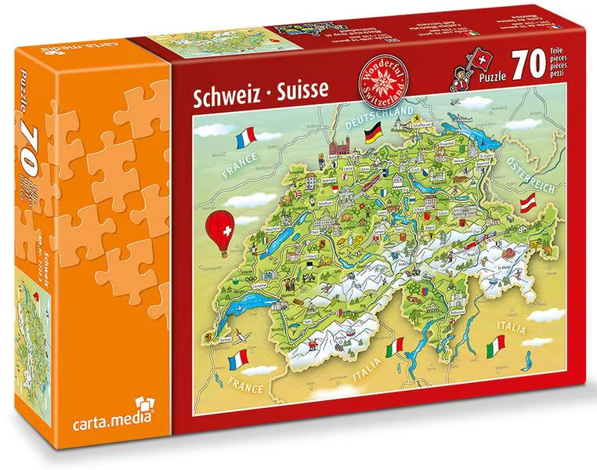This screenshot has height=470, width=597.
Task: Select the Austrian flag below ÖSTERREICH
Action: coord(530,203)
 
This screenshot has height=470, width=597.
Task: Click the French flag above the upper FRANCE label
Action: coord(245,140)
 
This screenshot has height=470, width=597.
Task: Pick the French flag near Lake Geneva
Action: coord(237,360)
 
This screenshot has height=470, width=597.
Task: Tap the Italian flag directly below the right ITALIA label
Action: coord(495,344)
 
